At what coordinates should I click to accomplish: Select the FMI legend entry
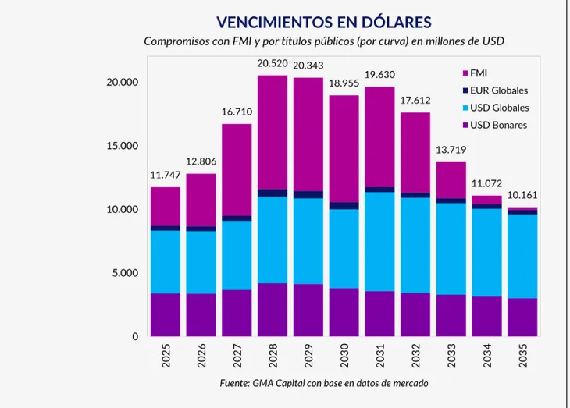click(x=479, y=73)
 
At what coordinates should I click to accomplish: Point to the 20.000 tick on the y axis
click(x=120, y=83)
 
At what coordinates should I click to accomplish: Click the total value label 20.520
click(x=273, y=63)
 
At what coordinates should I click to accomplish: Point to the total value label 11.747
click(x=165, y=176)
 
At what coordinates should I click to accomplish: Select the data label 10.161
click(x=522, y=195)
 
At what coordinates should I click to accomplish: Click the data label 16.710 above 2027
click(x=237, y=112)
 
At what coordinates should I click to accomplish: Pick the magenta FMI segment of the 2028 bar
click(x=273, y=132)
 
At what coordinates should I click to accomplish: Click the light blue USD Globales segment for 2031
click(x=379, y=241)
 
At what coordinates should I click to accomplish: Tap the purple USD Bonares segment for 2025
click(x=165, y=314)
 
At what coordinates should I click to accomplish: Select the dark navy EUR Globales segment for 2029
click(x=308, y=194)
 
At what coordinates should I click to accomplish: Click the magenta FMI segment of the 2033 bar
click(x=451, y=180)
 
